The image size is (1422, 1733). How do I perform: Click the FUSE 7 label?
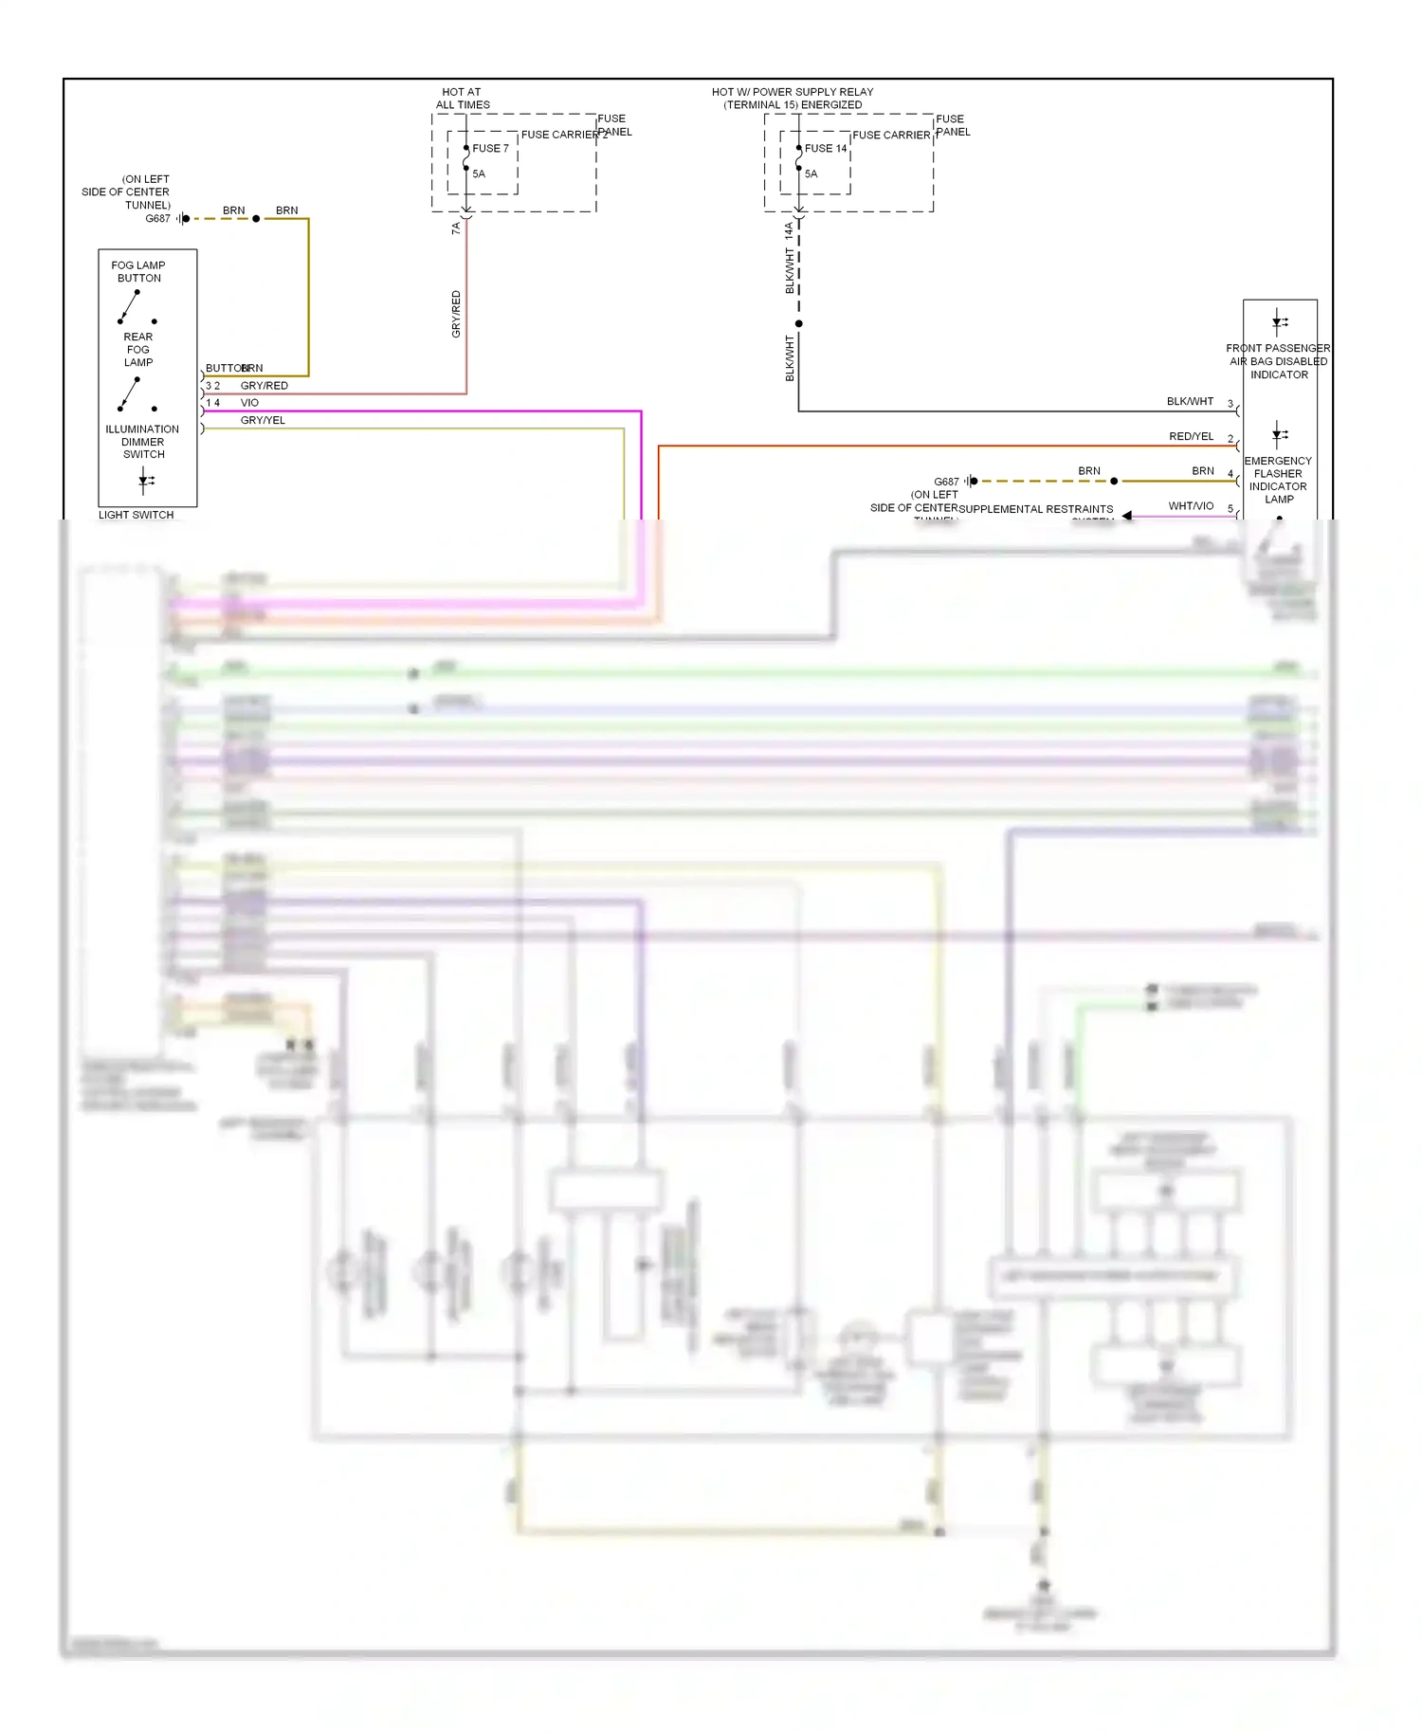(490, 149)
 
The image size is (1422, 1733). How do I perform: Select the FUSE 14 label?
(826, 149)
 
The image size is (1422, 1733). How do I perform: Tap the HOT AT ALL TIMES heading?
(463, 99)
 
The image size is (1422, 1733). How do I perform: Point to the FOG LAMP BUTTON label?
(138, 272)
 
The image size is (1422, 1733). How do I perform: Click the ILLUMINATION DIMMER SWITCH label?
(142, 442)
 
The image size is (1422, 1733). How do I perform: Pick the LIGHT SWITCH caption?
(136, 515)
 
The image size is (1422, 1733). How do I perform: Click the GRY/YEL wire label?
(263, 420)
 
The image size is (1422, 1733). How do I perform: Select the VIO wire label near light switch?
(249, 403)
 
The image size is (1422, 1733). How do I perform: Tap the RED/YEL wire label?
(1191, 437)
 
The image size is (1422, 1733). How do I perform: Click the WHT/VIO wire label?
(1191, 506)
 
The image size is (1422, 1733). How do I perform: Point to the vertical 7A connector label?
(456, 228)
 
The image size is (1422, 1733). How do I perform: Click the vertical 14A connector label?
(789, 230)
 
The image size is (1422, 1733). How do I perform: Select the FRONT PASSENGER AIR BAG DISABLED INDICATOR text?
(1278, 361)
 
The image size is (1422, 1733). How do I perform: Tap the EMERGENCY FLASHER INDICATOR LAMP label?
(1278, 480)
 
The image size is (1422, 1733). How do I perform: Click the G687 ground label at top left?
(157, 219)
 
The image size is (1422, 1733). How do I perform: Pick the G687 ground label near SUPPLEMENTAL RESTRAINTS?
(946, 482)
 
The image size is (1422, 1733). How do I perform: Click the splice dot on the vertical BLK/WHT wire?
(798, 323)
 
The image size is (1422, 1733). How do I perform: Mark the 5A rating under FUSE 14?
(811, 174)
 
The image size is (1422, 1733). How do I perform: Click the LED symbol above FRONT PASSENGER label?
(1279, 321)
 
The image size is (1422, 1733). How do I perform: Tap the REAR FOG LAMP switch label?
(138, 350)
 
